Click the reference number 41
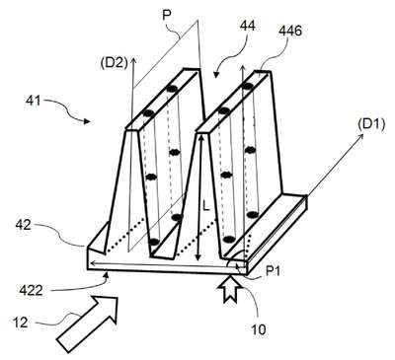point(33,100)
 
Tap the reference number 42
point(23,225)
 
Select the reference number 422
point(31,290)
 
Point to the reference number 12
point(21,323)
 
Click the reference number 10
point(259,329)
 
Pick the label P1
point(273,271)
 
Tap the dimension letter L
point(206,207)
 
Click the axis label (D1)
point(370,125)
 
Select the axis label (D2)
point(114,63)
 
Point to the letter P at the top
point(167,16)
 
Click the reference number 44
point(247,26)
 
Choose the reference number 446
point(290,31)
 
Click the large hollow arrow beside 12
point(88,324)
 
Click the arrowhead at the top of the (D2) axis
point(133,60)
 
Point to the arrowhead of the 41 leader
point(86,121)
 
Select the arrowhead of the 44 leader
point(216,75)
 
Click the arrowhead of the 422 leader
point(106,274)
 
